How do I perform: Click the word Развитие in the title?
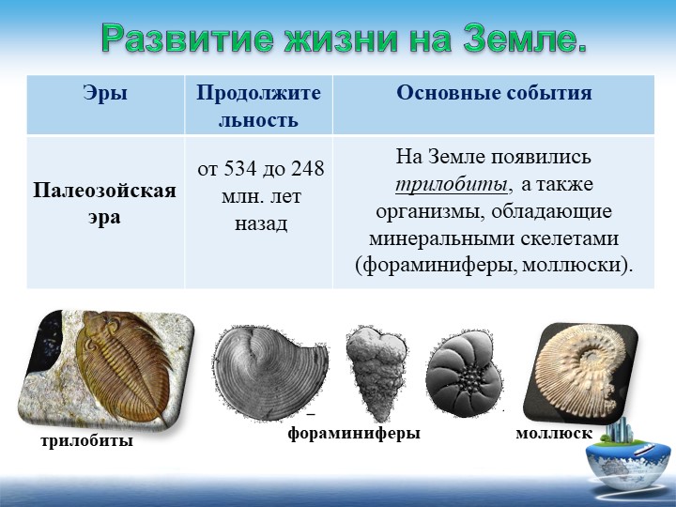pos(188,38)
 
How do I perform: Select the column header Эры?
pos(105,93)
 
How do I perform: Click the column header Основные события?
pos(494,93)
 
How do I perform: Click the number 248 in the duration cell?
pos(307,169)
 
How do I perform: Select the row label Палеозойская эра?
pos(105,204)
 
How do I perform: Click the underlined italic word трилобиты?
pos(452,185)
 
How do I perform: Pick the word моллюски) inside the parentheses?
pos(577,265)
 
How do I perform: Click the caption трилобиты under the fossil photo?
pos(86,440)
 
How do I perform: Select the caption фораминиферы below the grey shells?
pos(354,433)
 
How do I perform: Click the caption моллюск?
pos(554,433)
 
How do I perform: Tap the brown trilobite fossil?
pos(123,364)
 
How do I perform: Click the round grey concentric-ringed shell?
pos(270,373)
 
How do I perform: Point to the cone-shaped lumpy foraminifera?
pos(376,372)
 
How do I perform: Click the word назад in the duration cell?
pos(261,224)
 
